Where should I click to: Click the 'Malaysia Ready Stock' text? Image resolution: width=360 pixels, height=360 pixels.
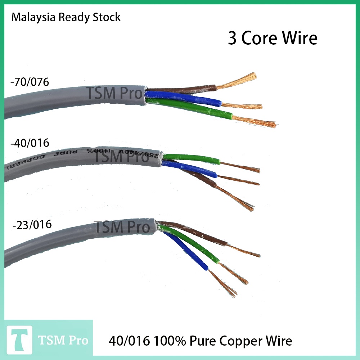click(66, 17)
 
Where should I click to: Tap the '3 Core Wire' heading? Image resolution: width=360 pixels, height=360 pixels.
click(273, 39)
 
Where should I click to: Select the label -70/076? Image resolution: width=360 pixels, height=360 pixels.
click(30, 82)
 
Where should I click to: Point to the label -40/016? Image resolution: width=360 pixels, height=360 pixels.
click(30, 143)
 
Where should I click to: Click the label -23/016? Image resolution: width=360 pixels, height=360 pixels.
click(32, 225)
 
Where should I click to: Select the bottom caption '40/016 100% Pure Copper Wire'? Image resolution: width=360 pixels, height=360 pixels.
click(200, 341)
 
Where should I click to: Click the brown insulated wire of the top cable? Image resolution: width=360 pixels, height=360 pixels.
click(180, 90)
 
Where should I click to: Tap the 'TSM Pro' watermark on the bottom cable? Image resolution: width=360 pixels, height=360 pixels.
click(121, 227)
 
